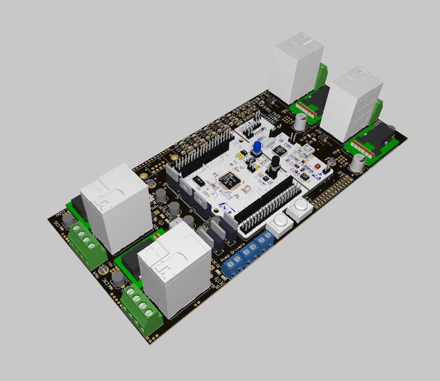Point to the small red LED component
point(317,167)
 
